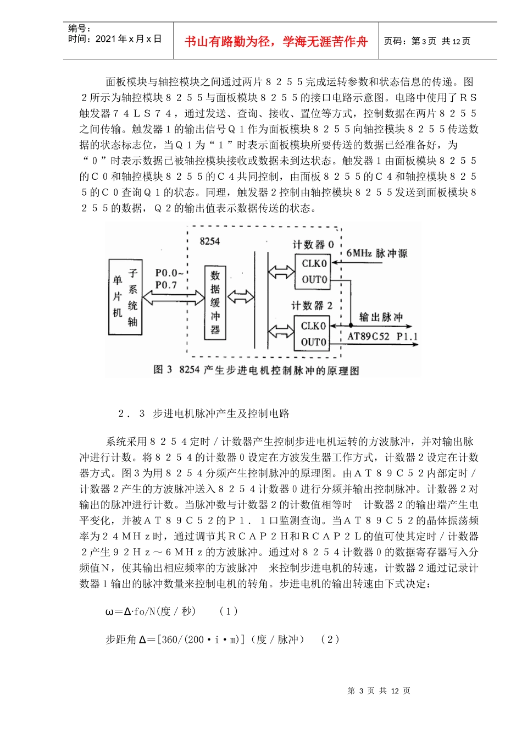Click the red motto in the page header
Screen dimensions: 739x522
pos(276,42)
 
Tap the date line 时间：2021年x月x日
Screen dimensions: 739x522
pos(115,39)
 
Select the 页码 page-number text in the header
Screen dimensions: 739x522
pos(427,41)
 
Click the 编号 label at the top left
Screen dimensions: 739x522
pos(80,28)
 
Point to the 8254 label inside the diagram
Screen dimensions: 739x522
pos(210,241)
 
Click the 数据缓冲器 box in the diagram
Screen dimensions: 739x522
pos(215,302)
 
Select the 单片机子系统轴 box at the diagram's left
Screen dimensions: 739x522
pos(125,297)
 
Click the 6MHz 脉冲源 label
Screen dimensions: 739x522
pos(377,253)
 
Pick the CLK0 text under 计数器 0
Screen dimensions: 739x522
pos(314,263)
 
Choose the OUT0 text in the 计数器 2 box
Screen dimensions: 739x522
pos(313,342)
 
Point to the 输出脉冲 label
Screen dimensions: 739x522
pos(381,317)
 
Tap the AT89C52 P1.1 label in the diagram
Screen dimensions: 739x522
pos(382,337)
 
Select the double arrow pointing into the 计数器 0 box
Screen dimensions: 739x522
pos(281,271)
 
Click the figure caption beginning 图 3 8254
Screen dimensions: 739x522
pos(256,370)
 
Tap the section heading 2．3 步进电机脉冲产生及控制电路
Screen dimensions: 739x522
pos(204,413)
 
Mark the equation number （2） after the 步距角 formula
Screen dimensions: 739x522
pos(330,639)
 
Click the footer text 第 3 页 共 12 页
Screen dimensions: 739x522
pos(379,691)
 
